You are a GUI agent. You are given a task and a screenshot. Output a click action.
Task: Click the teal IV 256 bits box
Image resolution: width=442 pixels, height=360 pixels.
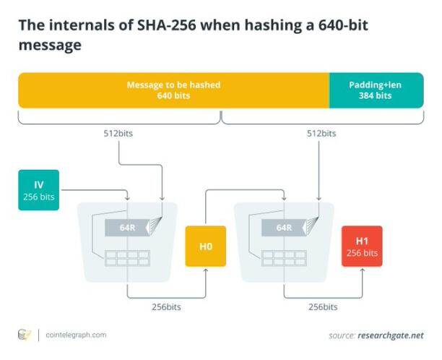(x=39, y=190)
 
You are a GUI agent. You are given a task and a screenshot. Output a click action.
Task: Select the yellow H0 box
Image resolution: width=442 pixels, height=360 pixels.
(x=206, y=246)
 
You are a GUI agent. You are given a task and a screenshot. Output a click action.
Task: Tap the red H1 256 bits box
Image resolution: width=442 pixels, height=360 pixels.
(x=362, y=246)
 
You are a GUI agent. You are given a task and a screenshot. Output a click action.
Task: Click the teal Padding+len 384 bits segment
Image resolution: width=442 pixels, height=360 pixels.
(x=375, y=90)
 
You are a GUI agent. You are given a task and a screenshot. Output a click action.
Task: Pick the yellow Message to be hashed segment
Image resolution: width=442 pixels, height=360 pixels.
(x=173, y=90)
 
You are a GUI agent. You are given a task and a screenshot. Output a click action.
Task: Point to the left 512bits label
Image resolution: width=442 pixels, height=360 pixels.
(x=118, y=134)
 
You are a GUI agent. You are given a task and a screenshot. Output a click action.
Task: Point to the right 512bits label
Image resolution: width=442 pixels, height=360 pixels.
(x=321, y=134)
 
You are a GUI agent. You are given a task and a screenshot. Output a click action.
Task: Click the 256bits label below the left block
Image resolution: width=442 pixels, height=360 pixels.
(x=166, y=307)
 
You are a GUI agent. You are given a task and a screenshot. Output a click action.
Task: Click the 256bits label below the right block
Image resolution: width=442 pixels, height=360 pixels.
(x=322, y=307)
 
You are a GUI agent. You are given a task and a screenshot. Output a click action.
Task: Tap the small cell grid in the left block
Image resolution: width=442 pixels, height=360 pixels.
(x=127, y=257)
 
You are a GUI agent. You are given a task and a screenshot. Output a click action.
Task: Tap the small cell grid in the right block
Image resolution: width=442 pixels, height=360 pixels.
(x=284, y=257)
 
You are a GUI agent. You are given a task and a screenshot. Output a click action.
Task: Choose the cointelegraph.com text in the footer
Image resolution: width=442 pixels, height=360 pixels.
(x=76, y=335)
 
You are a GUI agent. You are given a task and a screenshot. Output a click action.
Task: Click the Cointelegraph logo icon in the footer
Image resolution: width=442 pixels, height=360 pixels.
(x=25, y=335)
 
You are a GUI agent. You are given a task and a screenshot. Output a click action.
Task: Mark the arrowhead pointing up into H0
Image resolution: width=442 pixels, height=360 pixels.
(x=206, y=271)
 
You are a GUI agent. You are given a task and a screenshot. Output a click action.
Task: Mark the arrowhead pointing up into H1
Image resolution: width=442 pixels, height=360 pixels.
(x=362, y=271)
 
